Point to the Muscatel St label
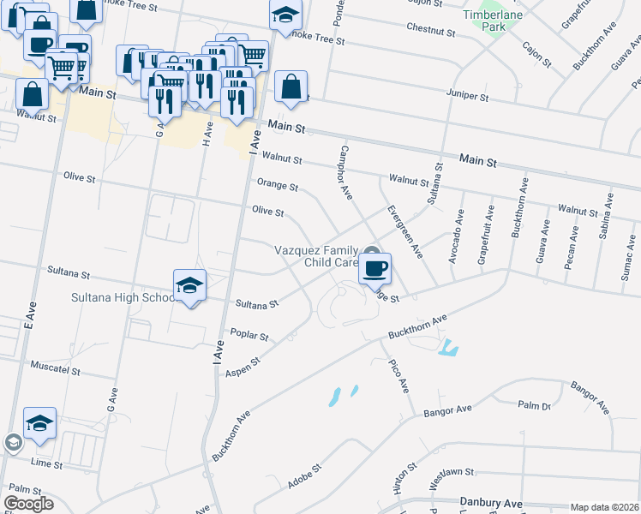(x=55, y=372)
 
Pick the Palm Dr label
(x=534, y=405)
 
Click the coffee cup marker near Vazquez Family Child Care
(x=374, y=269)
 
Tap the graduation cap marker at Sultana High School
(x=189, y=286)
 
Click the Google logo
(x=28, y=504)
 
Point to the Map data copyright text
(x=603, y=507)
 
